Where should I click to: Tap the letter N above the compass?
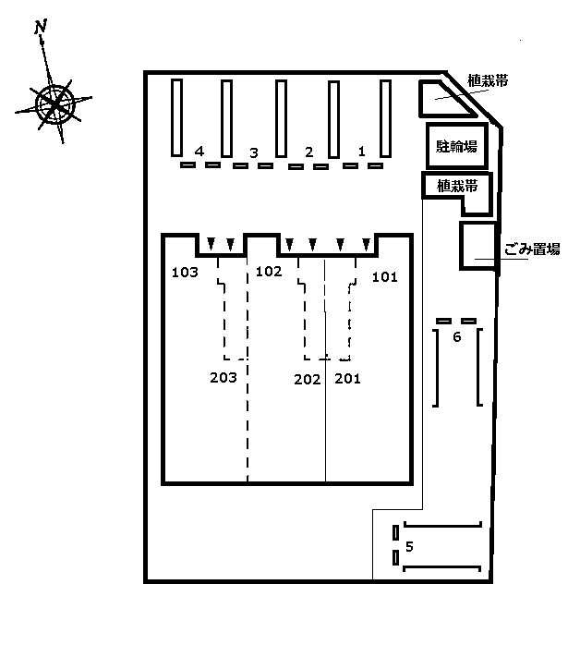pos(41,27)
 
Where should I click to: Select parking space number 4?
pos(199,152)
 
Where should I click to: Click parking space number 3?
pos(254,153)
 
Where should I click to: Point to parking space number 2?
pos(309,152)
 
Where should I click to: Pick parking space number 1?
pos(362,152)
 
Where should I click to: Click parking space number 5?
pos(409,547)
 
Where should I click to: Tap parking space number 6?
pos(456,337)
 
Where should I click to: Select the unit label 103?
pos(185,273)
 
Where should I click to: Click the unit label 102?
pos(269,272)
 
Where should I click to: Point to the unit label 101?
pos(385,277)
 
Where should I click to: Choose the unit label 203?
pos(224,378)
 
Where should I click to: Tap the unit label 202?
pos(307,379)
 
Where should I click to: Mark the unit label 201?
pos(347,379)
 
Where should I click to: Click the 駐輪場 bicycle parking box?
pos(456,146)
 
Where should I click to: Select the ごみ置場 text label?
pos(532,249)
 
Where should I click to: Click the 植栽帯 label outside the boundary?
pos(488,80)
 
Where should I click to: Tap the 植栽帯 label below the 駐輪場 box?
pos(457,187)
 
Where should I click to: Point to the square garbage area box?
pos(477,246)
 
